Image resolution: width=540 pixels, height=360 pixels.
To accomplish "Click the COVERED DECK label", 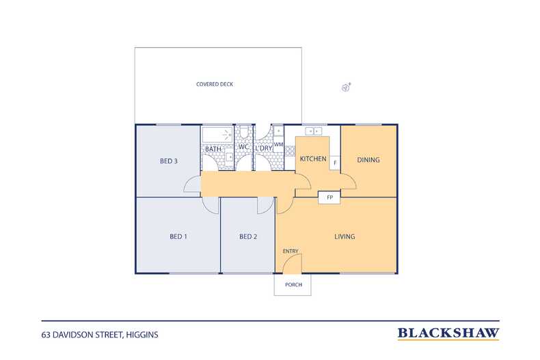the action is click(215, 84).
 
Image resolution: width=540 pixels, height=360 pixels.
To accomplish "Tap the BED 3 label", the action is click(169, 161).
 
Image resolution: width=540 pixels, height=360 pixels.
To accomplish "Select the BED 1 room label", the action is click(178, 236).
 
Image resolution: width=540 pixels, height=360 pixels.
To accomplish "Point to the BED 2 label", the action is click(248, 236).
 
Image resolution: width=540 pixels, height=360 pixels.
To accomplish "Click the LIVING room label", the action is click(345, 236).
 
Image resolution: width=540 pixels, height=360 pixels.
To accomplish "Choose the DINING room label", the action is click(368, 160).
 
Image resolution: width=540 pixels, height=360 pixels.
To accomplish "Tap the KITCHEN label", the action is click(313, 158).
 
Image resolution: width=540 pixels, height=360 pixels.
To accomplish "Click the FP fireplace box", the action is click(329, 197).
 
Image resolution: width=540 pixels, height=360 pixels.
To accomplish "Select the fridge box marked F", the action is click(335, 163).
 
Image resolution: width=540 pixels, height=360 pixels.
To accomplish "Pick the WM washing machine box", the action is click(278, 145).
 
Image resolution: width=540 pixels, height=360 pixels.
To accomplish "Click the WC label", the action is click(243, 147).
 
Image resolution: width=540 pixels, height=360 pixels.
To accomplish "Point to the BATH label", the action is click(213, 149).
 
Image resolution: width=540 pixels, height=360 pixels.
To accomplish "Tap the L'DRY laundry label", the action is click(264, 148).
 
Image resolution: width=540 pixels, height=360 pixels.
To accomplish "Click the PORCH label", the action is click(293, 285).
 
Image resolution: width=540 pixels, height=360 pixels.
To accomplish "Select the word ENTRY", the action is click(291, 251).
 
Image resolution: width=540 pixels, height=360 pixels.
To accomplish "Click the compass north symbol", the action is click(346, 87).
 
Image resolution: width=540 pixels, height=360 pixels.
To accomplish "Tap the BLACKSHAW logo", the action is click(448, 333).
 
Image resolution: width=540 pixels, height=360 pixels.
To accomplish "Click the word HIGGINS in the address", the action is click(142, 335).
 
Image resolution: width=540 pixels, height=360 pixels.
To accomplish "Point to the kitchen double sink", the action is click(313, 131).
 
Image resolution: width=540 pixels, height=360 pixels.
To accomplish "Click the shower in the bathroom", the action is click(217, 135).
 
